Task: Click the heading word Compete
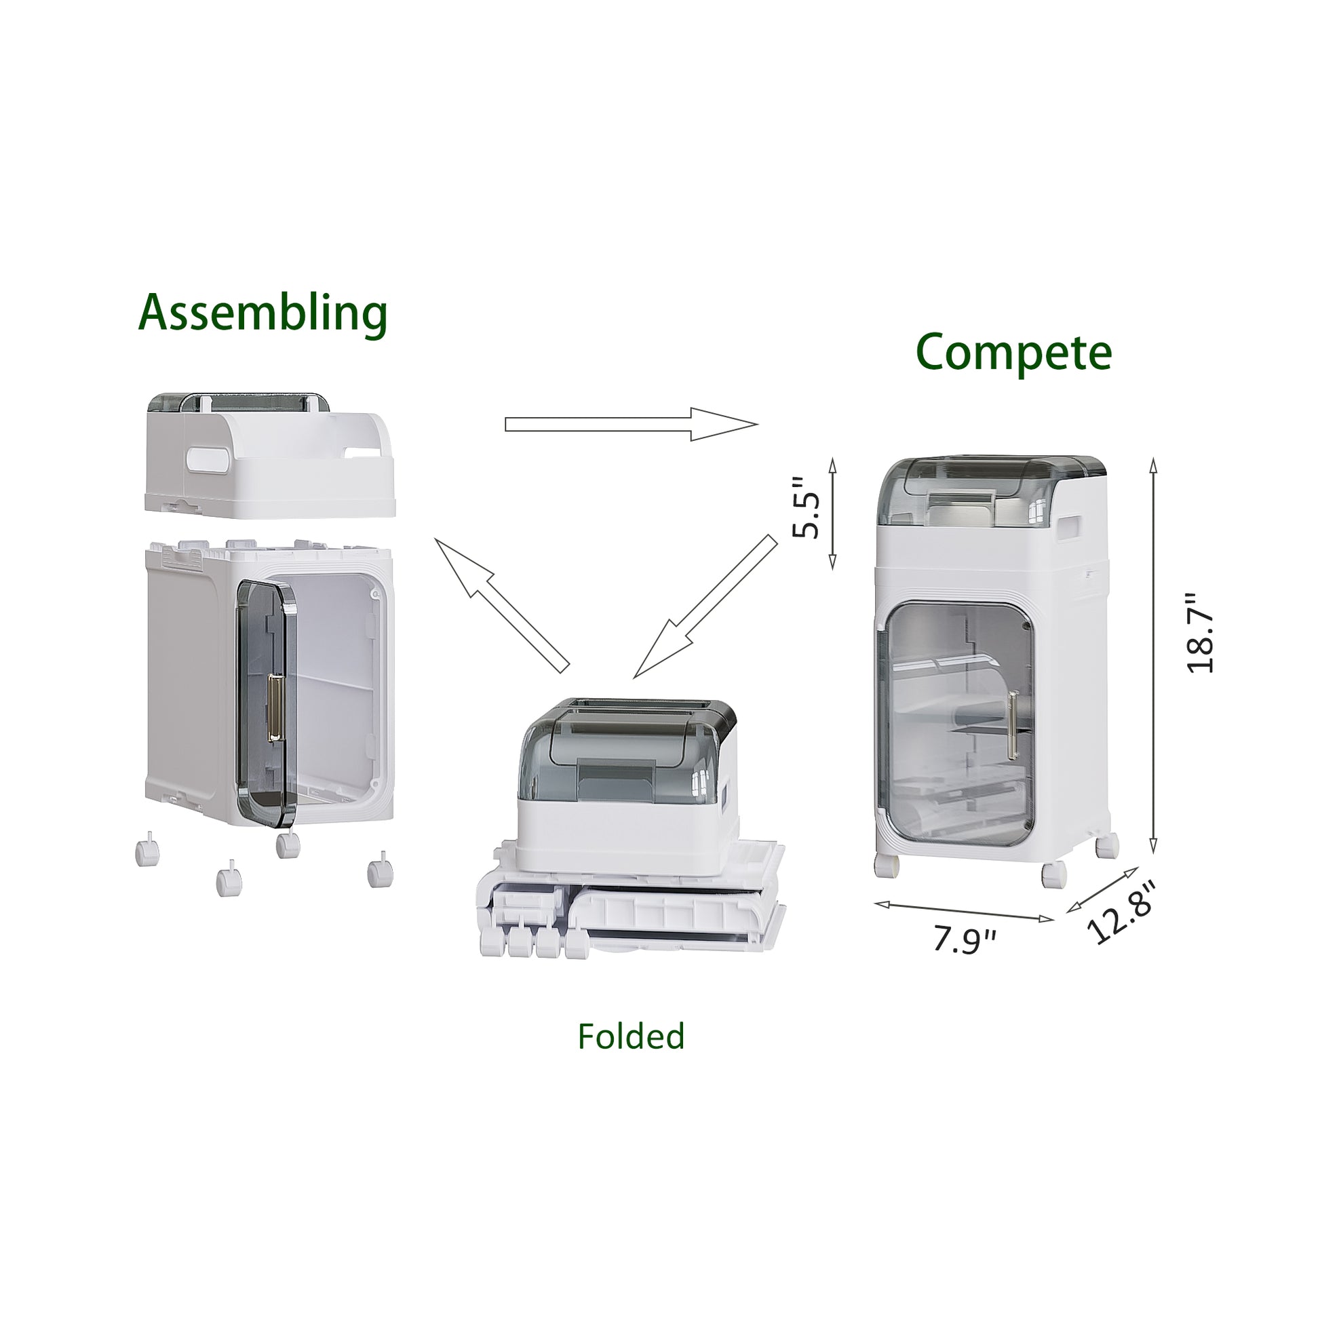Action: point(1013,353)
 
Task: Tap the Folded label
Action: point(631,1036)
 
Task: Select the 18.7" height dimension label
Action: point(1201,634)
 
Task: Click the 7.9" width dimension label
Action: point(965,940)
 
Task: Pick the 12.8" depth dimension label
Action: point(1120,912)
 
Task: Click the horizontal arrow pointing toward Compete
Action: point(632,425)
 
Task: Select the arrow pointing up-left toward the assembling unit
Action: point(502,605)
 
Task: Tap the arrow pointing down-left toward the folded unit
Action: point(705,606)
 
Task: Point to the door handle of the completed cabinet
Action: point(1013,725)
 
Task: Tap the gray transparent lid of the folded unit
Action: point(627,749)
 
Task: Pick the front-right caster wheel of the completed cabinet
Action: point(1053,874)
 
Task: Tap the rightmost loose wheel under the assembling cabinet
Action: point(381,873)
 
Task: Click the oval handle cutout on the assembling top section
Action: point(206,459)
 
